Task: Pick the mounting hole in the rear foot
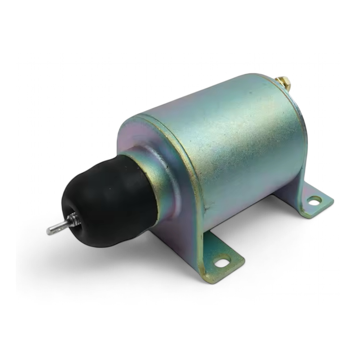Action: pos(314,200)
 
